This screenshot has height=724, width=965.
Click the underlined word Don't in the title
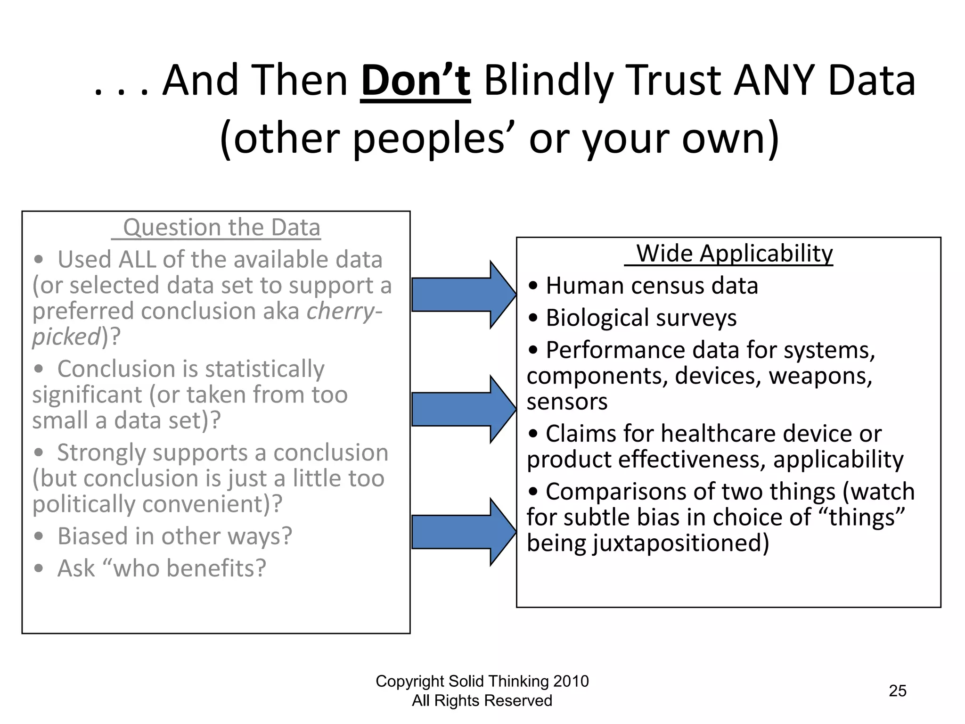[x=415, y=81]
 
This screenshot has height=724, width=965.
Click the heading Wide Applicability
[x=734, y=254]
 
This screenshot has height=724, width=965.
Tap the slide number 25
[x=897, y=691]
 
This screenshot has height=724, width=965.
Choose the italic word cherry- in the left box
[x=344, y=312]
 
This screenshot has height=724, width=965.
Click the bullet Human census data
[x=651, y=286]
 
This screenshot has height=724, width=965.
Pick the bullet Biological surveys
[x=641, y=318]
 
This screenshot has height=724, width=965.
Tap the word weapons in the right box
[x=820, y=376]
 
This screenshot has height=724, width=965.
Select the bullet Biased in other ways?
[x=174, y=536]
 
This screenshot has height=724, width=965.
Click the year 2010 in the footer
[x=571, y=681]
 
